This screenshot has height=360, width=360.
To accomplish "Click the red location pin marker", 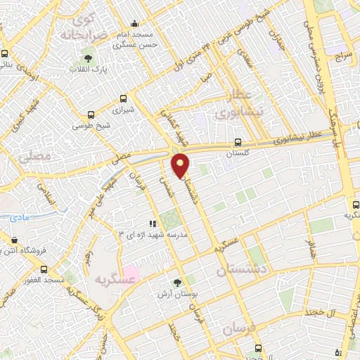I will [x=181, y=165].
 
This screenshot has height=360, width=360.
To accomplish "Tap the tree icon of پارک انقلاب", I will [x=89, y=58].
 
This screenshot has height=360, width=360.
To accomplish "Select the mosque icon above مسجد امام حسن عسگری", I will [x=136, y=23].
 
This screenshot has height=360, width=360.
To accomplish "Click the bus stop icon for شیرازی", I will [x=124, y=99].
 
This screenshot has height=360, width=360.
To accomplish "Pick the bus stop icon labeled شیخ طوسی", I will [x=91, y=115].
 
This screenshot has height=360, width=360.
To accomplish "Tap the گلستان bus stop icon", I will [x=238, y=141].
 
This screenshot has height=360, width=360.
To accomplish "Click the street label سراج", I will [x=342, y=56].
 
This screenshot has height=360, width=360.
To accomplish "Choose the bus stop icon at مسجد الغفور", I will [x=44, y=269].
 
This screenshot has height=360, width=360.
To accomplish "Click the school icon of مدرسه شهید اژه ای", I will [x=153, y=224].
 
